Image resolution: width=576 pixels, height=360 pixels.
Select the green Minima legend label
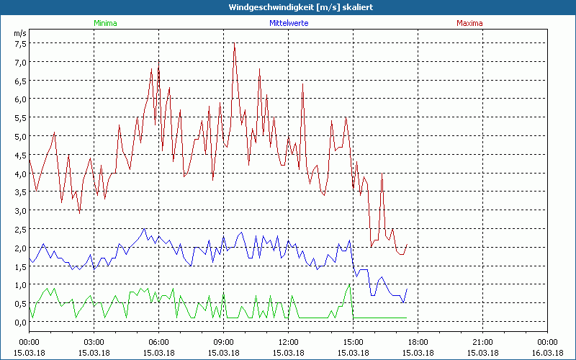click(x=105, y=23)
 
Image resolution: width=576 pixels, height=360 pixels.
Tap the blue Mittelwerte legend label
click(x=289, y=23)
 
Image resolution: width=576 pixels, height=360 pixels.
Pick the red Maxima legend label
click(x=470, y=23)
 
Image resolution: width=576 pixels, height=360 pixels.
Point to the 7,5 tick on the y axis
click(x=20, y=43)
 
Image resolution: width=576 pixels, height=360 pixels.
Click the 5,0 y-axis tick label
click(x=20, y=136)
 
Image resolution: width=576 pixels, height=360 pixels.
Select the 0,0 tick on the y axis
click(x=20, y=322)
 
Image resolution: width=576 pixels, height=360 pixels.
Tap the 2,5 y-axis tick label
click(x=20, y=229)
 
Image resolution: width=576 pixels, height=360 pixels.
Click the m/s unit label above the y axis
click(x=19, y=33)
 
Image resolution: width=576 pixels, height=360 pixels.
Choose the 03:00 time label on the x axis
click(x=94, y=342)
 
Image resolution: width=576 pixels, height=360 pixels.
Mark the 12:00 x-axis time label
click(x=289, y=342)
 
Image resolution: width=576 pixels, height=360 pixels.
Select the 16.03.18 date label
click(x=548, y=352)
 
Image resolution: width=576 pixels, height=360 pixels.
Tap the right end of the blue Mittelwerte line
click(x=408, y=289)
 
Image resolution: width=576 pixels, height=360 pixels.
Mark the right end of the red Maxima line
click(x=408, y=244)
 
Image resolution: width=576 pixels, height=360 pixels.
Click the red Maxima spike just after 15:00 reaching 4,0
click(x=382, y=174)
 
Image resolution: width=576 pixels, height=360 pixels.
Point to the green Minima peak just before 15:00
click(x=350, y=284)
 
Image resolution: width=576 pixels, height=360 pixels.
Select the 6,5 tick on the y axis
click(x=20, y=81)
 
